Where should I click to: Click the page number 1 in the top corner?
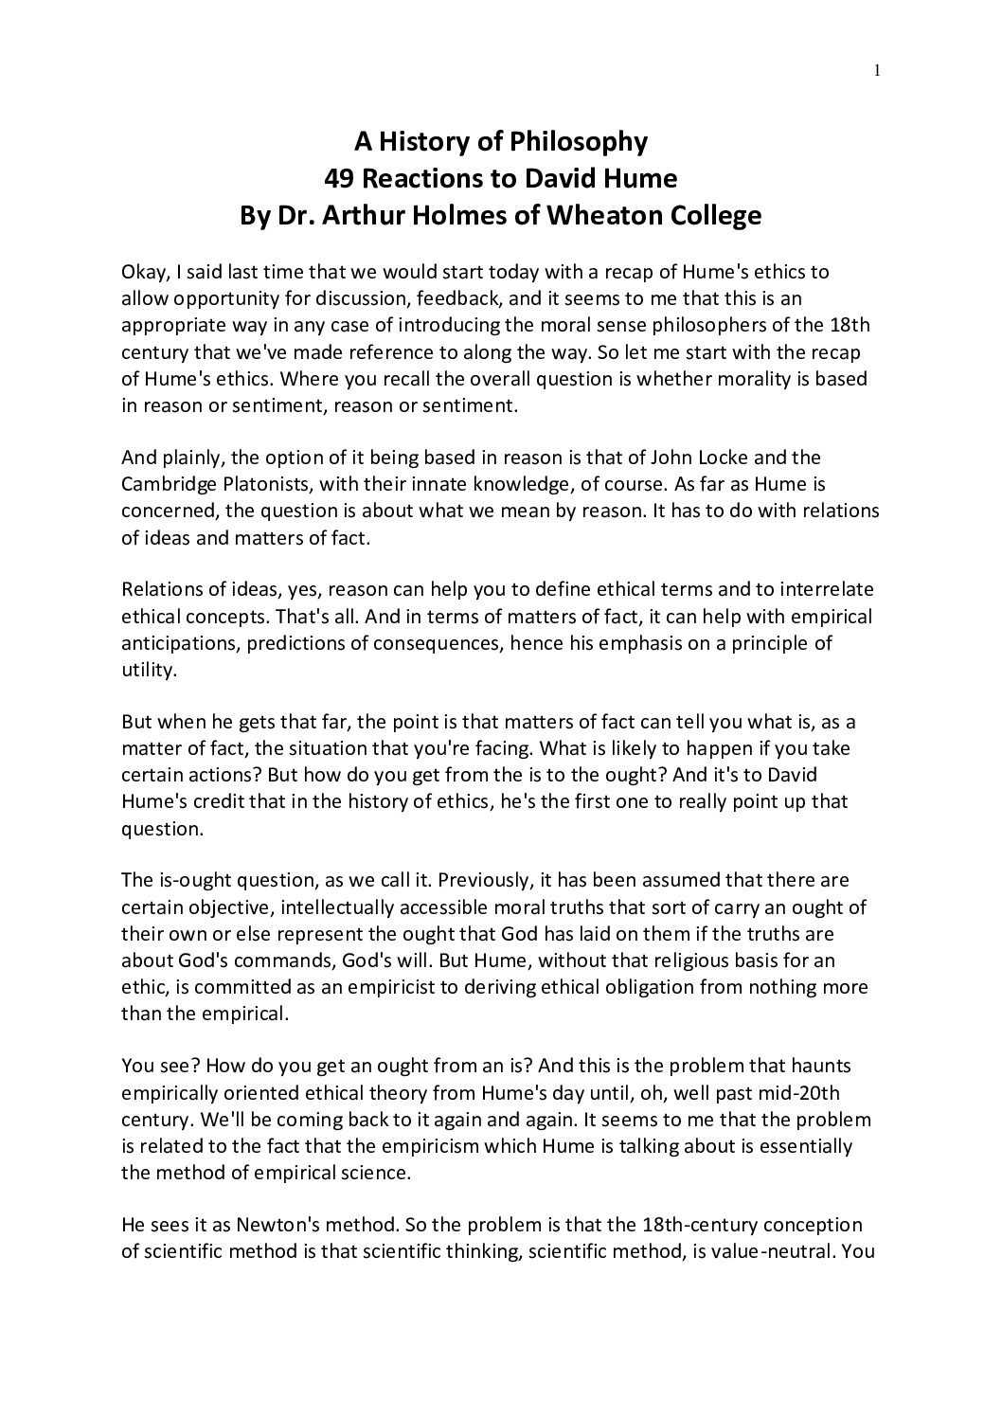[x=878, y=69]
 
